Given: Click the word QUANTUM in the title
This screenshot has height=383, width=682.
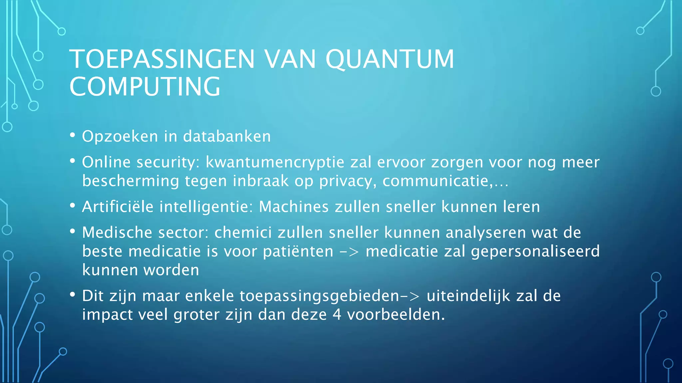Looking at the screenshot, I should tap(390, 59).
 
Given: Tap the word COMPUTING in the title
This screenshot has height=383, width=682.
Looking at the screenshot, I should tap(145, 86).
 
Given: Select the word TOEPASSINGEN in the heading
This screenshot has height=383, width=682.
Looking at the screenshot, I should tap(162, 59).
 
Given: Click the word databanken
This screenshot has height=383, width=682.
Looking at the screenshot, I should tap(227, 136).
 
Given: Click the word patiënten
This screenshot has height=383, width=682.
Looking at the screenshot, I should tap(298, 251).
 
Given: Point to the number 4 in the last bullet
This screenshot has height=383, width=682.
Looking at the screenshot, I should tap(337, 315).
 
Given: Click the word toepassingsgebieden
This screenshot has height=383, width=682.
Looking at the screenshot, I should tap(319, 296).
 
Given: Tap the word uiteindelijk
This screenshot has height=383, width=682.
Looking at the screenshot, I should tap(468, 296).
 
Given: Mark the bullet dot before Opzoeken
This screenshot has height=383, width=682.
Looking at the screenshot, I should tap(73, 135).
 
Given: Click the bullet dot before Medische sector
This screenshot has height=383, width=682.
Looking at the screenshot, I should tap(73, 231).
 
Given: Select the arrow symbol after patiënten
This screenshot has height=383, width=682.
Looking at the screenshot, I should tap(349, 252).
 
